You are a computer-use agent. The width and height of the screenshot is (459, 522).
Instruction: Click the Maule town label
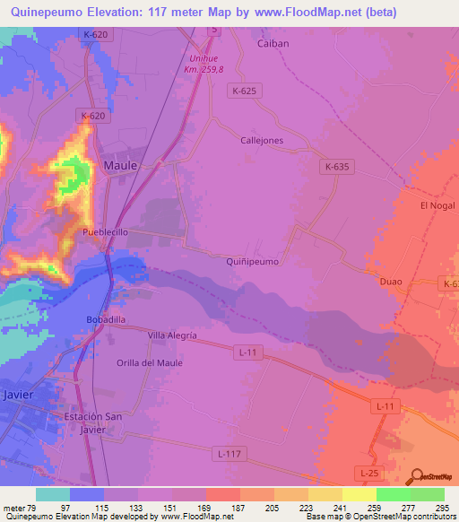(120, 166)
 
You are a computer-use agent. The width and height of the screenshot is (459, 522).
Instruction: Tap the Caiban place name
(272, 43)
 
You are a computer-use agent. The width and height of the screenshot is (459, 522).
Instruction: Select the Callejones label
(262, 141)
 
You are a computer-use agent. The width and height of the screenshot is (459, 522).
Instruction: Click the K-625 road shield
(244, 91)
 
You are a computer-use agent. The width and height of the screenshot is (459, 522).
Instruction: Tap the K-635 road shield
(337, 167)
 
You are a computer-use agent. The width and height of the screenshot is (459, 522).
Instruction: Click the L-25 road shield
(367, 472)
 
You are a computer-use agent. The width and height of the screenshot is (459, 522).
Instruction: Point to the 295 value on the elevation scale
(442, 508)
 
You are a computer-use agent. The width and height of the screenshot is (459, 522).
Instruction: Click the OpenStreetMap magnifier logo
(416, 477)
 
